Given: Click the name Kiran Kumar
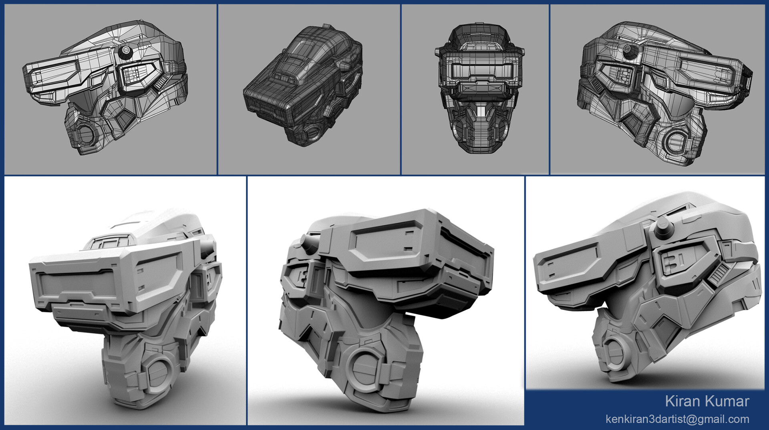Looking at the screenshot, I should click(x=707, y=401).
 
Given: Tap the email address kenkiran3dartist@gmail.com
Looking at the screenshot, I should click(x=677, y=419).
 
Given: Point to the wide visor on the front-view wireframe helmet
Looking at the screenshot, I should click(x=479, y=71).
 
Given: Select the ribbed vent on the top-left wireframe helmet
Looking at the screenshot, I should click(x=160, y=83).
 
